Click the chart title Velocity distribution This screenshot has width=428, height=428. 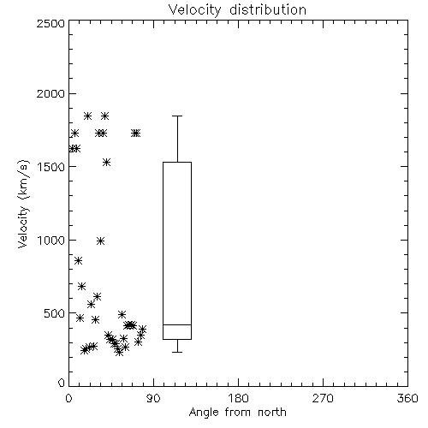coord(237,10)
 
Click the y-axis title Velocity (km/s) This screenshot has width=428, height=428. coord(23,204)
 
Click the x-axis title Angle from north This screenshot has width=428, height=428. coord(238,413)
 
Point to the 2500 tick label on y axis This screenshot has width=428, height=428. coord(51,23)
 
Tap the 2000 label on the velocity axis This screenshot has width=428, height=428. coord(51,93)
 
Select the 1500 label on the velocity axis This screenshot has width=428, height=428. coord(51,167)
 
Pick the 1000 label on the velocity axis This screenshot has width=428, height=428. coord(51,240)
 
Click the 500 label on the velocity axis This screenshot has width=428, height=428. coord(55,313)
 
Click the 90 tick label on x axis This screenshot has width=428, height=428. coord(153,398)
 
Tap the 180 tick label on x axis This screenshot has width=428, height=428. coord(238,398)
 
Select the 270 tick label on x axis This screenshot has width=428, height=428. coord(323,398)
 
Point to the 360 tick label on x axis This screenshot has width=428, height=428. coord(407,398)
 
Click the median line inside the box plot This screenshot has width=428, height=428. coord(177,324)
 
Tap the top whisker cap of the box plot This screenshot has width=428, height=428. coord(177,116)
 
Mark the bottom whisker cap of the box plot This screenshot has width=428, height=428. coord(177,352)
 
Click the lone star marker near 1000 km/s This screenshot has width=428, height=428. coord(100,241)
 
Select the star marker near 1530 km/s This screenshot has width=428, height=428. coord(106,163)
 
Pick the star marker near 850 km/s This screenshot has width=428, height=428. coord(78,260)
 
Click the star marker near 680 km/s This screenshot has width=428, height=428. coord(81,286)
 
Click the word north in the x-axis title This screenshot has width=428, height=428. coord(272,413)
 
